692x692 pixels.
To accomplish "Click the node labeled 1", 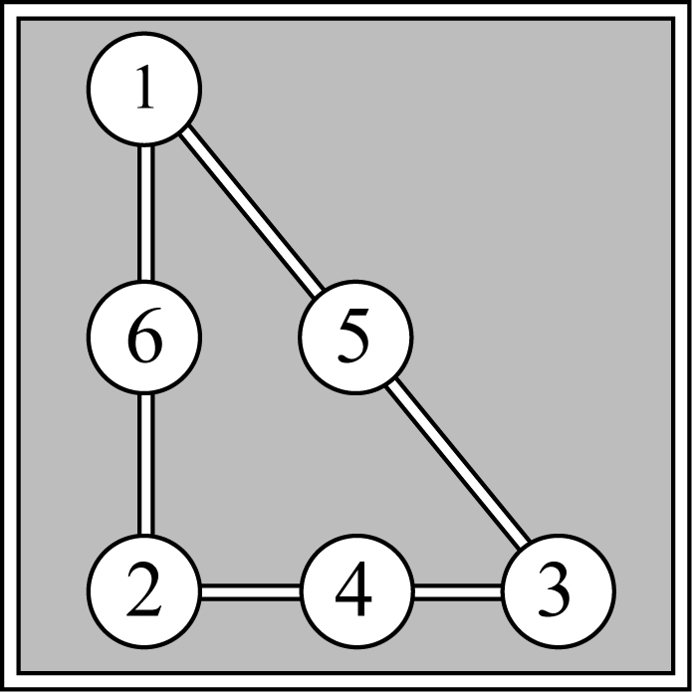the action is [x=144, y=89].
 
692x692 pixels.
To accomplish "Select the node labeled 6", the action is [x=144, y=337].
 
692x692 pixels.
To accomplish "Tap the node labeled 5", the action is [x=355, y=337].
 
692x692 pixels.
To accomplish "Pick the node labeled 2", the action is [x=144, y=590].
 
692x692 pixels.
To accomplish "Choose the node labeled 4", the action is [x=357, y=590].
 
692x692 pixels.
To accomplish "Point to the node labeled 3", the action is [x=559, y=590].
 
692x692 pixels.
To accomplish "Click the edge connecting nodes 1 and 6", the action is [x=146, y=212].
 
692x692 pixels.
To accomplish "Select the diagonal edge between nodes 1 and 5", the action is [x=251, y=212].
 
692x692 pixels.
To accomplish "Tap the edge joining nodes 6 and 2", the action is [x=146, y=464].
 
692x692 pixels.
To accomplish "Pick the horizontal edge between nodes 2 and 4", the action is [x=251, y=591].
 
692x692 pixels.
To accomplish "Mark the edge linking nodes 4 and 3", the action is [x=458, y=591].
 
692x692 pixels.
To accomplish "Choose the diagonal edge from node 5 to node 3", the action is [x=458, y=462].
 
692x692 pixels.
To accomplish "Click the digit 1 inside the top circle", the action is [x=145, y=87].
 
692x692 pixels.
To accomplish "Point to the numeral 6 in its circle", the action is [x=144, y=336].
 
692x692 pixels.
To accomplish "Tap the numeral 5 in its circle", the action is [x=353, y=337].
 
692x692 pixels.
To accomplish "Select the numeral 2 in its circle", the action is [x=143, y=589].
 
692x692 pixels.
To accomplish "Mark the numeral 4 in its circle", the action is [x=353, y=588].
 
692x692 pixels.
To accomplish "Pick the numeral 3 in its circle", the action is [x=555, y=590].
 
